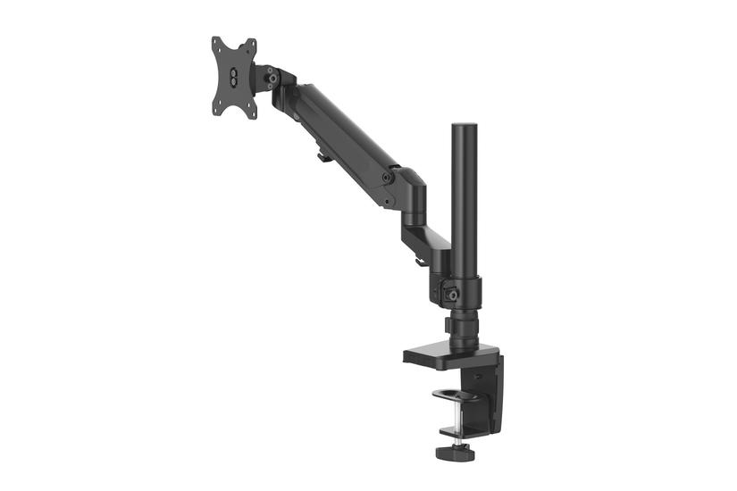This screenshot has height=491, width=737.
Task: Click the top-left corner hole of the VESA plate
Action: [215, 42]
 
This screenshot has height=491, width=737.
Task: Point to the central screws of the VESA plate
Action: [234, 78]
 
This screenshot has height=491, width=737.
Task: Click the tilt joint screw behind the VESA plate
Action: [268, 78]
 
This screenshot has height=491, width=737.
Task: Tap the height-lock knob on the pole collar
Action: [454, 293]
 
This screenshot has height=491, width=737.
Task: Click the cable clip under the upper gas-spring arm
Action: [322, 158]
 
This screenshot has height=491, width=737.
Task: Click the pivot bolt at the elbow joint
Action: [388, 178]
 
